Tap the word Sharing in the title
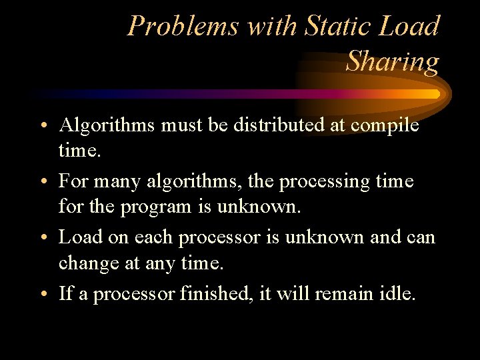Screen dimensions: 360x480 tap(393, 62)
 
